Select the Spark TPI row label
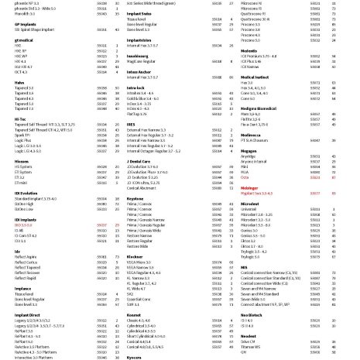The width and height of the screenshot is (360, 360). tap(15, 134)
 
